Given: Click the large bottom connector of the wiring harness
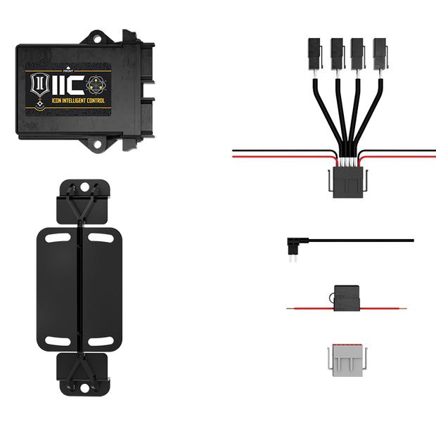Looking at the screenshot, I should (347, 184).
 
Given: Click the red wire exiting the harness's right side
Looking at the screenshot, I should (415, 156).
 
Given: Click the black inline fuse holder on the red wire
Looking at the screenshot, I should (346, 300).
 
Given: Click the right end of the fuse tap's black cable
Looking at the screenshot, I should (411, 241).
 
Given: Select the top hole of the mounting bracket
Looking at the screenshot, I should (84, 188).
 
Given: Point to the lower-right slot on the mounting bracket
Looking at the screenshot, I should (102, 341).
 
